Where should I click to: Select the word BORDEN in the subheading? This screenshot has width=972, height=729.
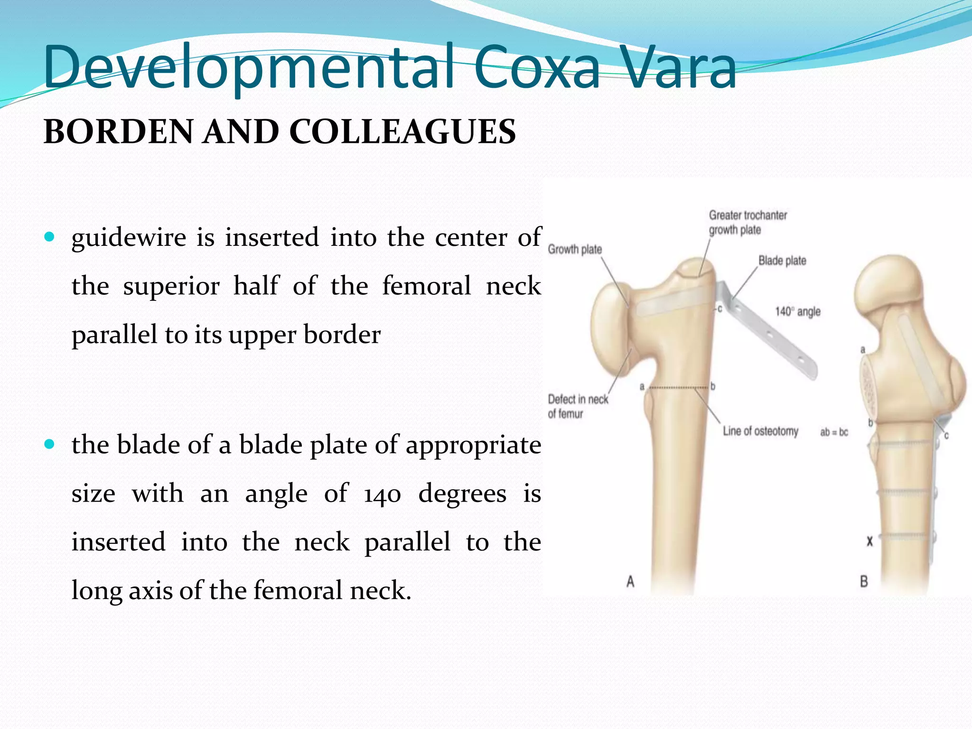tap(118, 132)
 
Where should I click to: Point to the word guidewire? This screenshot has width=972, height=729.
tap(129, 237)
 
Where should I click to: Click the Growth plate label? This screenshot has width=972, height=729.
tap(575, 249)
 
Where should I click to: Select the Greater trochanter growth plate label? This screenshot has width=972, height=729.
tap(748, 223)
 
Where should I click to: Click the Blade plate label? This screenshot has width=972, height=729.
tap(782, 261)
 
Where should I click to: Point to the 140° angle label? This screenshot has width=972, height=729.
tap(797, 312)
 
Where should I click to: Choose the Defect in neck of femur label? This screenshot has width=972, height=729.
tap(578, 406)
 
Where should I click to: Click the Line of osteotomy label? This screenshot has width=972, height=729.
tap(760, 431)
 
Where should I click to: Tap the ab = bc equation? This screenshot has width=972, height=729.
tap(834, 432)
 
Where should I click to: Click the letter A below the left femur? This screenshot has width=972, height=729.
tap(630, 581)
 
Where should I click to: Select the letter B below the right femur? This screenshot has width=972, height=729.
tap(864, 581)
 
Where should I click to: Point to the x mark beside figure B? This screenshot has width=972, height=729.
tap(869, 541)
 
